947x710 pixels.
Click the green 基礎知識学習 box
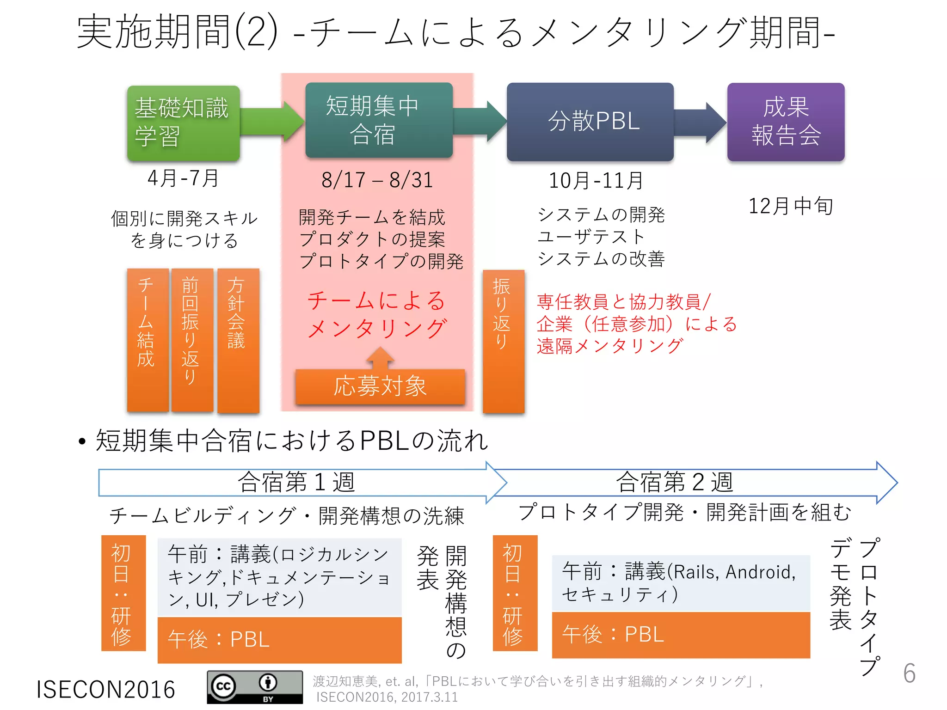[183, 123]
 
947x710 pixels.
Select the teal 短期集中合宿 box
[378, 120]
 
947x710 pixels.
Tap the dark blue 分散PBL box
[590, 122]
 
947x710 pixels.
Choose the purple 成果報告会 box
[786, 122]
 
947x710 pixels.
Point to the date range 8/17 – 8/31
[377, 180]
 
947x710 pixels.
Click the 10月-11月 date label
[596, 181]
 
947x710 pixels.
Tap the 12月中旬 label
[790, 206]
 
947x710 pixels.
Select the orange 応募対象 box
[380, 386]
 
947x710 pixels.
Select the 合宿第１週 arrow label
[296, 483]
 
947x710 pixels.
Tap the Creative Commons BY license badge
[255, 687]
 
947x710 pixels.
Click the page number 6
[909, 673]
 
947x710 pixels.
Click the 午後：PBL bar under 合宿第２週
[681, 635]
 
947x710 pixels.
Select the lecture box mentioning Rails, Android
[681, 583]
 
